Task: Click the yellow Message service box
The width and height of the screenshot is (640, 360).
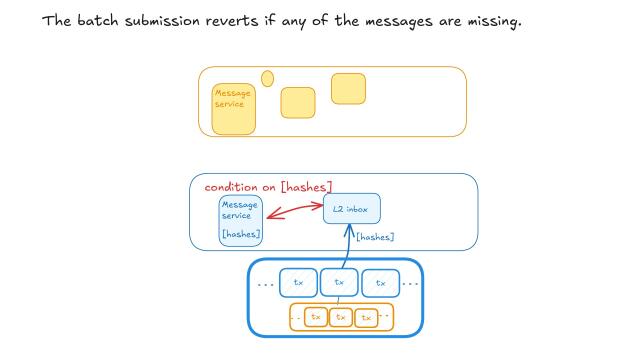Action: tap(233, 108)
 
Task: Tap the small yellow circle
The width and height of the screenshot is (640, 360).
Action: tap(267, 78)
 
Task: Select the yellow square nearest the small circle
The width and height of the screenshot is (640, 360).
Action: tap(298, 103)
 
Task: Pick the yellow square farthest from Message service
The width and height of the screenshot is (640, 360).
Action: tap(348, 89)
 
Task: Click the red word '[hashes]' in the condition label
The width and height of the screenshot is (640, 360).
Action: tap(307, 187)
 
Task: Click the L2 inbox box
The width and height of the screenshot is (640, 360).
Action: tap(352, 209)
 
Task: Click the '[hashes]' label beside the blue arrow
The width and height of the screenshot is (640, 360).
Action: tap(375, 237)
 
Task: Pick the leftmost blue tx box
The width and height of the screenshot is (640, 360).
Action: tap(298, 283)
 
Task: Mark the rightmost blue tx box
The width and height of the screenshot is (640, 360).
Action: tap(381, 283)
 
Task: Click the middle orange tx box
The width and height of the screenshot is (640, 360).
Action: tap(341, 317)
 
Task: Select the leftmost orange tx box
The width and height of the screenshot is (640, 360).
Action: tap(315, 317)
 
